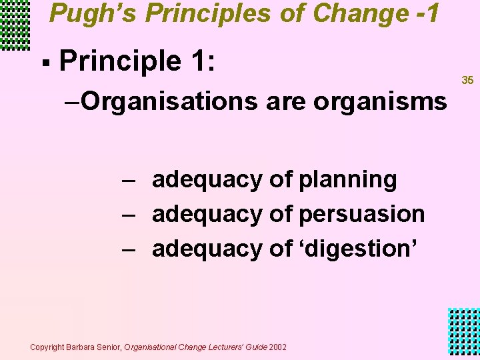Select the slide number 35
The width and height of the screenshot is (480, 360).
pos(467,81)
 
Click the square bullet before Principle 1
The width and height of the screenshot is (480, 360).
pos(45,64)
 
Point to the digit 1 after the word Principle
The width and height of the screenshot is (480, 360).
pos(197,62)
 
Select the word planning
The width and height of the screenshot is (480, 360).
pos(348,180)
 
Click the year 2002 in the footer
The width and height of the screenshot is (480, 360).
pos(278,347)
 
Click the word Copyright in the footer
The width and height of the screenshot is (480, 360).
pos(46,347)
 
